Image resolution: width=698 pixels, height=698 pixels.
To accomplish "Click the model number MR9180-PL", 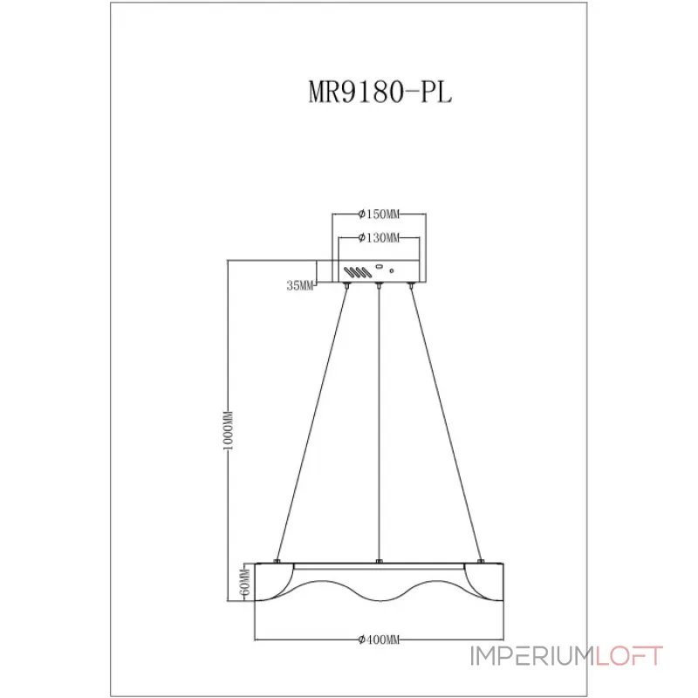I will point(380,94).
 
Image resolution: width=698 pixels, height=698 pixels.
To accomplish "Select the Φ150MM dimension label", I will point(379,215).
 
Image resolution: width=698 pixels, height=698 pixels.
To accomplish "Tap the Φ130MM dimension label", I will point(379,238).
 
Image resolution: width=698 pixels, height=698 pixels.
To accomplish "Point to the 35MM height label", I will point(299,286).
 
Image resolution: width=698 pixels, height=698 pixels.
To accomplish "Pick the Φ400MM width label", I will point(379,640).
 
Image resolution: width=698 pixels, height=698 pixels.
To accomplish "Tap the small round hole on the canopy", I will point(393,272).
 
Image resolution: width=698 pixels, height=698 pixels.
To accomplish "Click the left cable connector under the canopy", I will point(348,285).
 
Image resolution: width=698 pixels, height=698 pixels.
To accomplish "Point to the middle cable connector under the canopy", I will point(379,285).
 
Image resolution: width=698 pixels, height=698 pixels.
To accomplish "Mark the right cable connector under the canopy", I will point(410,285).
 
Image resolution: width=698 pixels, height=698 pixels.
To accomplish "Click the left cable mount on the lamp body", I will point(277,560).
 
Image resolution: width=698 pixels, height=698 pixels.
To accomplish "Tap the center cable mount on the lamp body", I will point(379,560).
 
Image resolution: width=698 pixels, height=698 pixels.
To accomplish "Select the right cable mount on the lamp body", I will point(481,560).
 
